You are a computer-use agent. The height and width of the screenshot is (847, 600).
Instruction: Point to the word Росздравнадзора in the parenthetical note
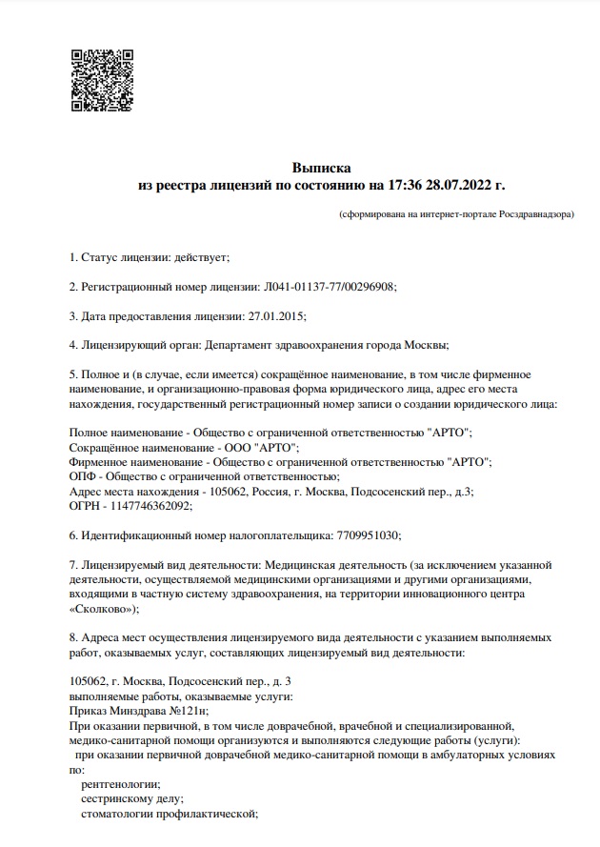534,215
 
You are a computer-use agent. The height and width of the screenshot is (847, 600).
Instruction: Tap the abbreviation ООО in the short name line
236,446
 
